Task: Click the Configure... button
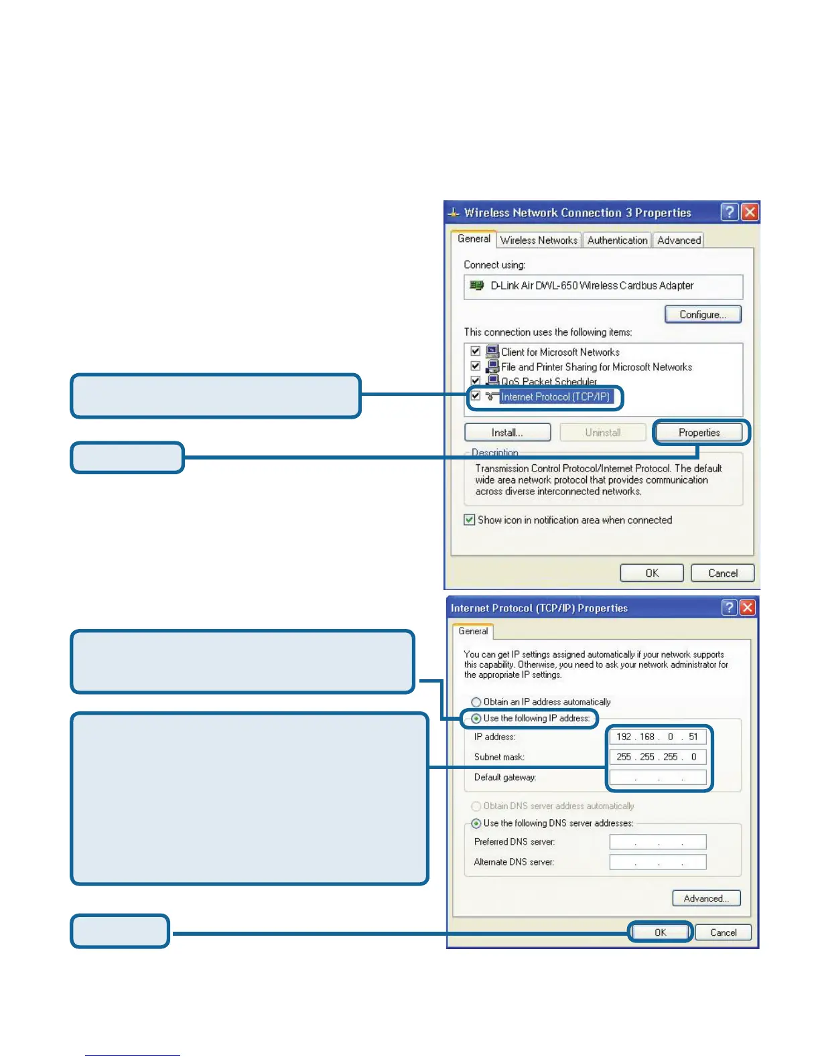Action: click(703, 314)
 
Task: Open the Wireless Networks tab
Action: click(539, 240)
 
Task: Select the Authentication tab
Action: click(617, 240)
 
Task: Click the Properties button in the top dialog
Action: click(699, 433)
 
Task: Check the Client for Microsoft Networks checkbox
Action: click(476, 352)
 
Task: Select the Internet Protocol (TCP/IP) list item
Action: click(555, 397)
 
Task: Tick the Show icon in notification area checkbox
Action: click(470, 520)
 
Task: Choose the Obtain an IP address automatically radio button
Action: click(476, 702)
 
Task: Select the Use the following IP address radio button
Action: click(476, 719)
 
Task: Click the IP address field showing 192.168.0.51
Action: click(657, 737)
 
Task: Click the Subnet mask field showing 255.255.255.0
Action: click(657, 757)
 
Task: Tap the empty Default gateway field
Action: click(657, 778)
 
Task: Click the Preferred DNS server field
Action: click(657, 842)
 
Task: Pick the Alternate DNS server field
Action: click(657, 862)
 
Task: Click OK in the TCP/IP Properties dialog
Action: click(660, 932)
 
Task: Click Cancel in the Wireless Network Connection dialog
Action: click(722, 573)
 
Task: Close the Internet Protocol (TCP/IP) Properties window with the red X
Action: click(747, 608)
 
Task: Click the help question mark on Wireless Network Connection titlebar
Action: click(729, 212)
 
